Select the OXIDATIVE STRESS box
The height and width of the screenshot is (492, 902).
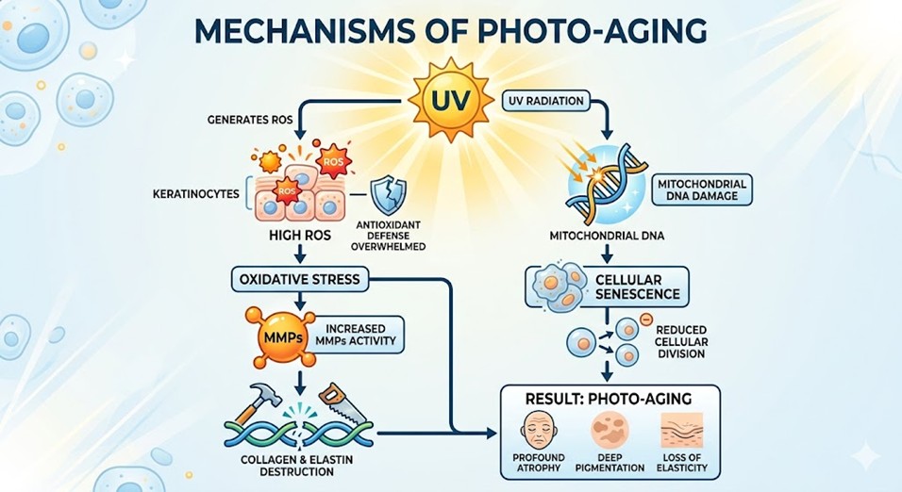pyautogui.click(x=300, y=280)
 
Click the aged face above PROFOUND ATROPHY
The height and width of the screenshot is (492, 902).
pyautogui.click(x=541, y=430)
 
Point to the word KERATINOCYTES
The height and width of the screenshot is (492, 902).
pyautogui.click(x=194, y=194)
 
